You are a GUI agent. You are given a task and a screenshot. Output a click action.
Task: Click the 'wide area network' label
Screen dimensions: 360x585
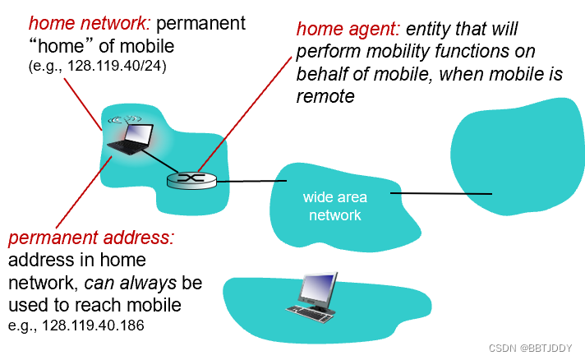(334, 205)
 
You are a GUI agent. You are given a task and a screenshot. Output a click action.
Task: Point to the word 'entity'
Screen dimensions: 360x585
(431, 30)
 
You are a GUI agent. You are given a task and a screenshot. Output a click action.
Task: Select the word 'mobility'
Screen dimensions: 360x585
(387, 52)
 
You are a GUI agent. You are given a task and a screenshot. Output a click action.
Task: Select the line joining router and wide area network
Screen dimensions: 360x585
(244, 181)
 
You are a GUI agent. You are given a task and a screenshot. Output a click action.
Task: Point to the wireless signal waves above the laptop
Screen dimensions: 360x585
(123, 117)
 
